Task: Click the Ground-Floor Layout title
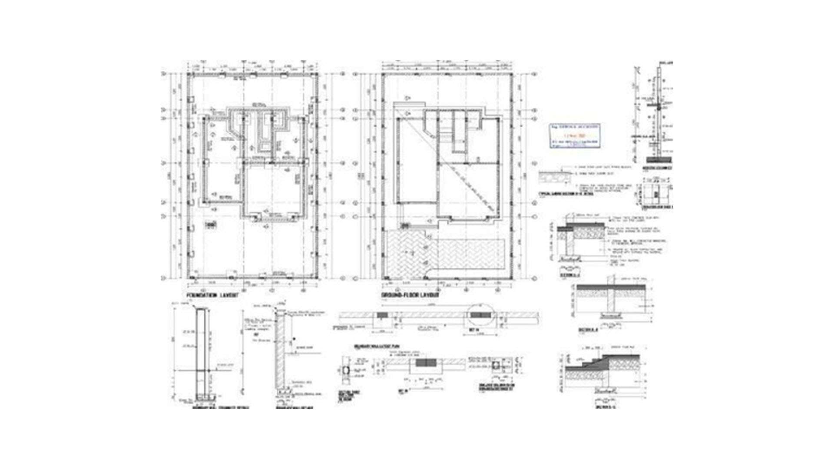[x=410, y=295]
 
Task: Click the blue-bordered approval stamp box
[x=575, y=136]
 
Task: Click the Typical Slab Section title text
[x=560, y=194]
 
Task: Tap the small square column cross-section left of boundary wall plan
[x=346, y=370]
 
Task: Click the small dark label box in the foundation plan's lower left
[x=210, y=225]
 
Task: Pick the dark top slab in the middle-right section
[x=612, y=287]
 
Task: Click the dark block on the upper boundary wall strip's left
[x=382, y=314]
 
